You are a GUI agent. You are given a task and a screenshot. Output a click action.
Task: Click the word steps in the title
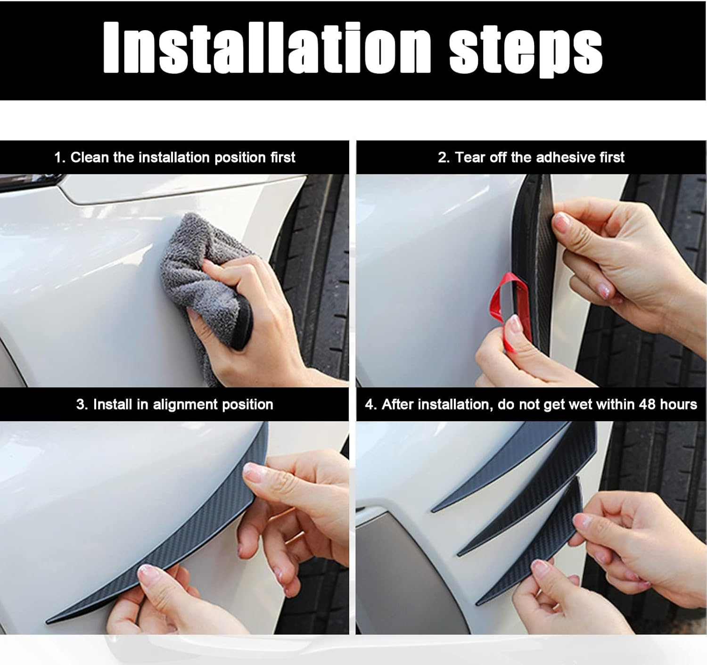click(x=526, y=51)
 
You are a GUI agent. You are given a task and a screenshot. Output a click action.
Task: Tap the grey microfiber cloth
click(x=198, y=264)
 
